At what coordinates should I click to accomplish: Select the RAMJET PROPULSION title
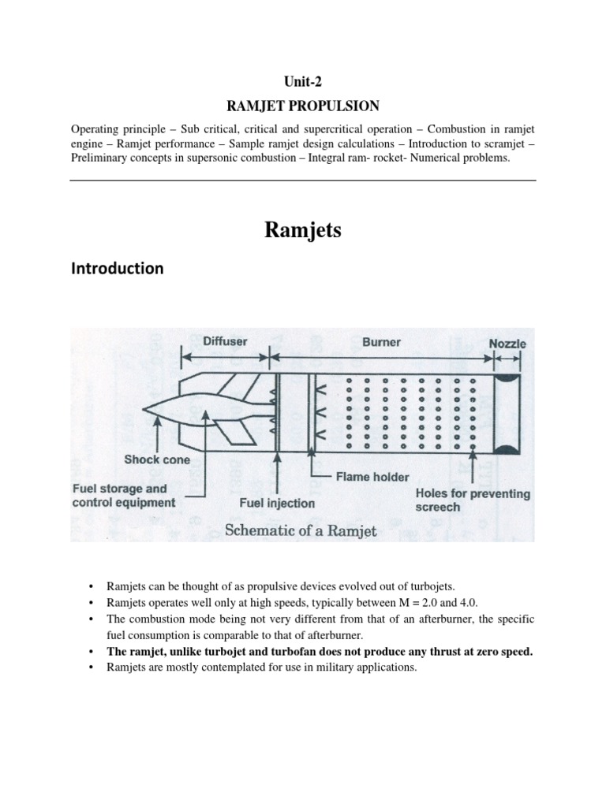[x=302, y=104]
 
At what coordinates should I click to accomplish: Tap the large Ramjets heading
[x=302, y=232]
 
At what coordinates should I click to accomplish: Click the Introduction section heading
[x=117, y=269]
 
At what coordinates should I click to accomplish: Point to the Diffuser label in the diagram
[x=226, y=342]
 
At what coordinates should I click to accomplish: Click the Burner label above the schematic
[x=381, y=342]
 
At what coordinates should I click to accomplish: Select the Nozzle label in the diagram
[x=507, y=344]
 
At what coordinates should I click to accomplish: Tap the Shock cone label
[x=156, y=459]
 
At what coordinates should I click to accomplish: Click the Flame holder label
[x=372, y=476]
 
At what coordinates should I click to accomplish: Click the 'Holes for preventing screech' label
[x=473, y=500]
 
